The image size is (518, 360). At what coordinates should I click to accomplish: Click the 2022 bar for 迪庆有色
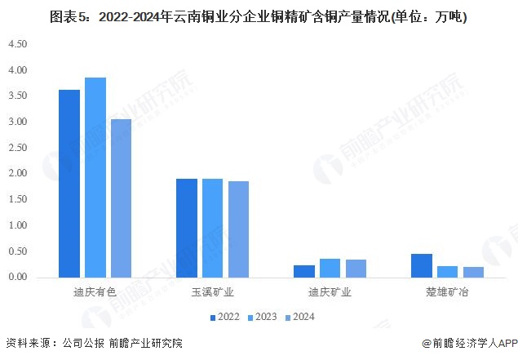[69, 184]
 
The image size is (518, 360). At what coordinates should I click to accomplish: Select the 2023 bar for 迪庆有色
[95, 177]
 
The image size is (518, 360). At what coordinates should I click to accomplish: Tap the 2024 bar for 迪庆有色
[121, 198]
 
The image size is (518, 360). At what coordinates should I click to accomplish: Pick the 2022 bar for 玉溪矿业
[187, 228]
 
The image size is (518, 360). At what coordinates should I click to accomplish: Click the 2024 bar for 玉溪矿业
[238, 229]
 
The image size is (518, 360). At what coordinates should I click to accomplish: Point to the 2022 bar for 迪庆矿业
[304, 271]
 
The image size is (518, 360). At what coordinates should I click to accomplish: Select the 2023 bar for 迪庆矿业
[330, 268]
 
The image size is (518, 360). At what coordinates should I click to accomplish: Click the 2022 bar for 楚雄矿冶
[422, 265]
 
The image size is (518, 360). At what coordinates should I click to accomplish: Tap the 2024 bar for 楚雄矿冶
[473, 272]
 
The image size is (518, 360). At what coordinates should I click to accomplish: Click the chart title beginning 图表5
[259, 16]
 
